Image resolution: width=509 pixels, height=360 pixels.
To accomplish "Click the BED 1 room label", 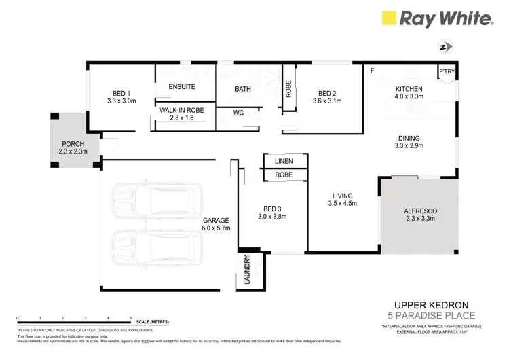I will coord(122,93).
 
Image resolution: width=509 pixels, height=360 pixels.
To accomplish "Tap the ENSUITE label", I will coord(182,87).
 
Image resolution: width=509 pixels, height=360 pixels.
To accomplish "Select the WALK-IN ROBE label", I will coord(182,110).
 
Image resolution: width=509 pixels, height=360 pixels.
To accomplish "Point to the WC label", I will coord(238,113).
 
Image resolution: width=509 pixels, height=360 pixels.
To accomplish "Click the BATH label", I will coord(242,89).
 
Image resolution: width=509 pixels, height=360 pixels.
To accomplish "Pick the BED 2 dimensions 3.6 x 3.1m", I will coord(326,101).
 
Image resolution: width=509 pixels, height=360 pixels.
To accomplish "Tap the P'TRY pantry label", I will coord(447,71).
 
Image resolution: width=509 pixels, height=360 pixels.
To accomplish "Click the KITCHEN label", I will coord(409,89).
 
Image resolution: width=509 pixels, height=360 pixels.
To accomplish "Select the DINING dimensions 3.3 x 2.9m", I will coord(409,145).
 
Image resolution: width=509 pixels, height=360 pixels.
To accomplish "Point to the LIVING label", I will coord(342,194).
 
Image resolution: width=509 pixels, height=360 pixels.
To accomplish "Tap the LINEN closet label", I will coord(284,162).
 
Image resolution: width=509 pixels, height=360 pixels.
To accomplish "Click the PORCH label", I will coord(73,144).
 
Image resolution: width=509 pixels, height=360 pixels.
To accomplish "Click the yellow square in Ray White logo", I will coord(389,18).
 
